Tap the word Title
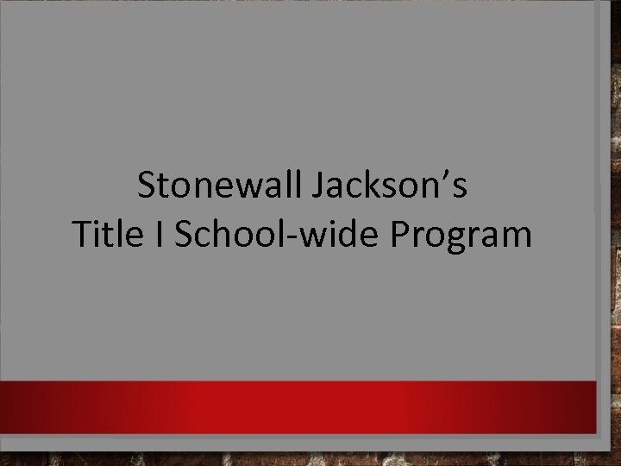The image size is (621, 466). coord(103,234)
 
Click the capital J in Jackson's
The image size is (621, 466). coord(317,186)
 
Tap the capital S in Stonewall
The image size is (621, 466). coord(147,186)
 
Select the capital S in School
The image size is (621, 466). coord(184,234)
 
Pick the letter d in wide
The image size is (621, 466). coord(352,234)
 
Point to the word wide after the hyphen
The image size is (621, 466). coord(342,234)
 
